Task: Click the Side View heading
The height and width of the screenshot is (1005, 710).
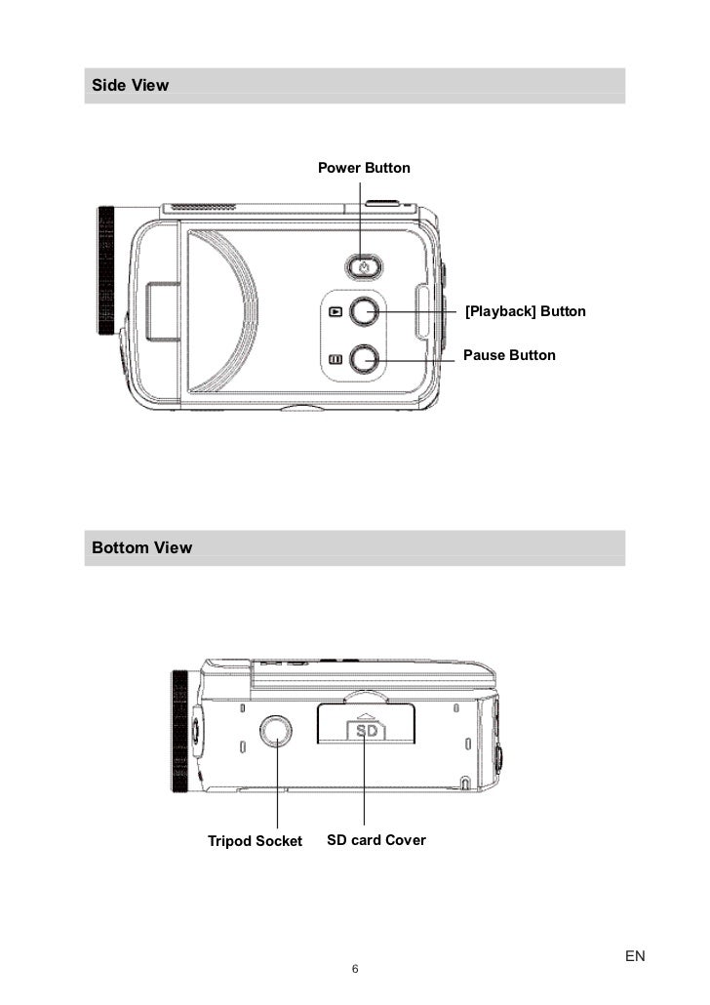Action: tap(130, 85)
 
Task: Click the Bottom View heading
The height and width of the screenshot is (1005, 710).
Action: tap(141, 547)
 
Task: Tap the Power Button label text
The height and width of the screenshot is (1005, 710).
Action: tap(364, 168)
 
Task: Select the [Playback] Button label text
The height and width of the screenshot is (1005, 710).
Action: tap(525, 311)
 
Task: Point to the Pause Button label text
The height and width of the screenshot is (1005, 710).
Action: tap(509, 355)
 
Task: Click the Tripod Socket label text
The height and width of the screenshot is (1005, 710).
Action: tap(255, 841)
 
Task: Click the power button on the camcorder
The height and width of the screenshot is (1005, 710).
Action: tap(364, 265)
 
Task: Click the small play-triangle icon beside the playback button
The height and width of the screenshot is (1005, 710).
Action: tap(335, 313)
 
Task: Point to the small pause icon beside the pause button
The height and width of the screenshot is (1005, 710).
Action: tap(335, 359)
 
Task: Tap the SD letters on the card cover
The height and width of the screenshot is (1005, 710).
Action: tap(366, 730)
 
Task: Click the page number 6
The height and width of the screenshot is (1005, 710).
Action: tap(355, 969)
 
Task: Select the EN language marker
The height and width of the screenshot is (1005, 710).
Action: tap(635, 956)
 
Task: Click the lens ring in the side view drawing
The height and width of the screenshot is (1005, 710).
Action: tap(105, 271)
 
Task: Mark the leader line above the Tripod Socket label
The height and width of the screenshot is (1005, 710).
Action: tap(278, 790)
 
